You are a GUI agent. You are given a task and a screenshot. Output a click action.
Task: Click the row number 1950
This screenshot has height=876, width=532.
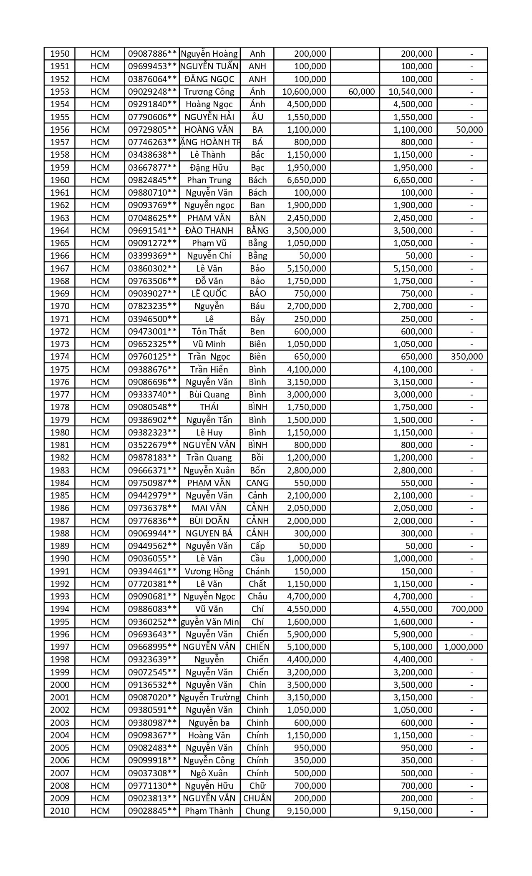coord(60,54)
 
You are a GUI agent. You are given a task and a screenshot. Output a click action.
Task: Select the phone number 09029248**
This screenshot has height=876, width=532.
coord(152,92)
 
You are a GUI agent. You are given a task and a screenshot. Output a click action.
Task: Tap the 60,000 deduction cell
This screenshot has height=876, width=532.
coord(361,92)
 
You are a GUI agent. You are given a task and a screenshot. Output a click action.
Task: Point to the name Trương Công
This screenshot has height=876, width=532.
coord(209,92)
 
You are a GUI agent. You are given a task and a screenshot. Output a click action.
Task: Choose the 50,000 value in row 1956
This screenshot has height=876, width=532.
coord(469,130)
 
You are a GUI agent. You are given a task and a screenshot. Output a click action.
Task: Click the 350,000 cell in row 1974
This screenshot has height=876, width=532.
coord(467,357)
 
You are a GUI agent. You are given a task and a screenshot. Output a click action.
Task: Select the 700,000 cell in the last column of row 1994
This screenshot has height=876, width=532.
coord(467,609)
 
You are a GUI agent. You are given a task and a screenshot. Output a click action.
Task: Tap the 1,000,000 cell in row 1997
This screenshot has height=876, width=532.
coord(464,647)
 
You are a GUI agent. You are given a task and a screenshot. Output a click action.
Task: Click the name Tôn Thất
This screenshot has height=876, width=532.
coord(209,332)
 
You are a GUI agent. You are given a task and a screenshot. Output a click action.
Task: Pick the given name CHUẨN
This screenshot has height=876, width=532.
coord(257,798)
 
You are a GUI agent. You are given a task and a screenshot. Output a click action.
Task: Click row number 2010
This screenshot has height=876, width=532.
coord(60,811)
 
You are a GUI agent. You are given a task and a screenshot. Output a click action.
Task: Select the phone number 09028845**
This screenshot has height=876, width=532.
coord(152,811)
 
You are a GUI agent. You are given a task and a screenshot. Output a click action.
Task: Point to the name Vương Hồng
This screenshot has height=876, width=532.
coord(209,571)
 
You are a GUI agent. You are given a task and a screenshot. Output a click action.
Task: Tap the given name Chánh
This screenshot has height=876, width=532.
coord(257,571)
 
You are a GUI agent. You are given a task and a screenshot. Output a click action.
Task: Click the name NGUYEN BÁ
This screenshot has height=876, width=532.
coord(209,534)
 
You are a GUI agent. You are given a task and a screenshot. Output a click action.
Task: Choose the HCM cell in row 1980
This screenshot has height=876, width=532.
coord(100,433)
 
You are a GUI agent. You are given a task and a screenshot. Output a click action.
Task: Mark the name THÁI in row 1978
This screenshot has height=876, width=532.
coord(209,407)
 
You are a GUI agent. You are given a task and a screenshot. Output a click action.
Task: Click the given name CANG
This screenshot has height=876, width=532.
coord(257,483)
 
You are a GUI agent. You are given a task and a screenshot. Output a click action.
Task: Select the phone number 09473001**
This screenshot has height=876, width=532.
coord(152,332)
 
